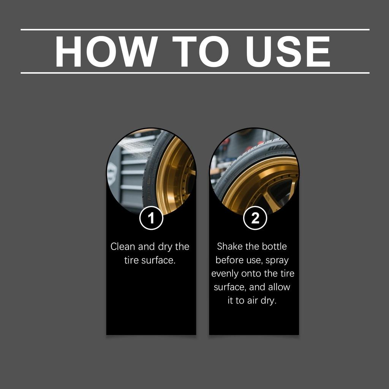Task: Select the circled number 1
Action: (151, 218)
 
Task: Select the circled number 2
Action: (255, 218)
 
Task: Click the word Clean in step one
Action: (123, 247)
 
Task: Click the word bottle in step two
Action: (274, 247)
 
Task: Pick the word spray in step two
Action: (277, 260)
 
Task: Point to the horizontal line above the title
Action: (194, 29)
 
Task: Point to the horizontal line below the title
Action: (194, 73)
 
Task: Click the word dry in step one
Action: (164, 247)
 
